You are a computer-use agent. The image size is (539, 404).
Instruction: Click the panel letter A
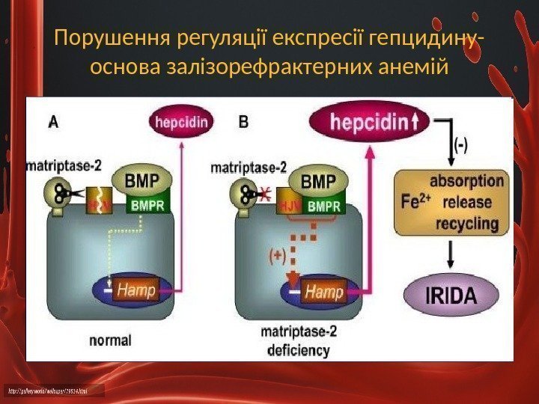(x=53, y=121)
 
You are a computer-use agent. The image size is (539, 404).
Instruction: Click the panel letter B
(x=243, y=121)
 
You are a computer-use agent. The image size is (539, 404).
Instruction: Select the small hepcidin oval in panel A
(x=181, y=123)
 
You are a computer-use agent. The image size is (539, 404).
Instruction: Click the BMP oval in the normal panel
(x=142, y=180)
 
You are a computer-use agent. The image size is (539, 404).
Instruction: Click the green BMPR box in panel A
(x=150, y=203)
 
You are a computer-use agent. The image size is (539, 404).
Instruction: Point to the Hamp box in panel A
(x=137, y=290)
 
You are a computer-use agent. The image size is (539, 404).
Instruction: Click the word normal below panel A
(x=110, y=340)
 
